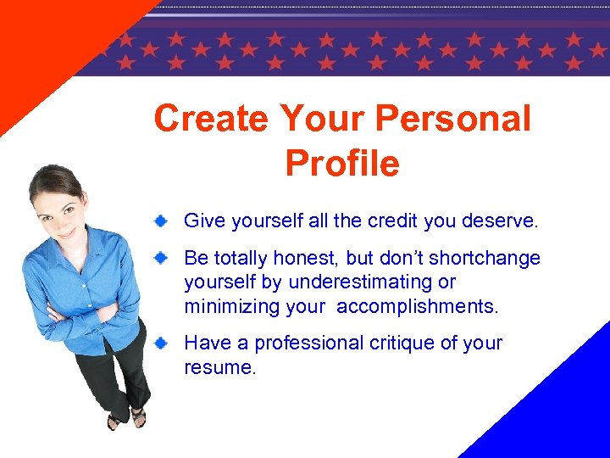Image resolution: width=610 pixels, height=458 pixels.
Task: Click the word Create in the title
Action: pyautogui.click(x=210, y=119)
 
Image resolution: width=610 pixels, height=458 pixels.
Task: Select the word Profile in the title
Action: pyautogui.click(x=342, y=163)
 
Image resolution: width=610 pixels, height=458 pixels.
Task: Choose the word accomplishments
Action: pyautogui.click(x=418, y=306)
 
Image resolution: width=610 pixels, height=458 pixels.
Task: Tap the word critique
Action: pyautogui.click(x=407, y=343)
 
